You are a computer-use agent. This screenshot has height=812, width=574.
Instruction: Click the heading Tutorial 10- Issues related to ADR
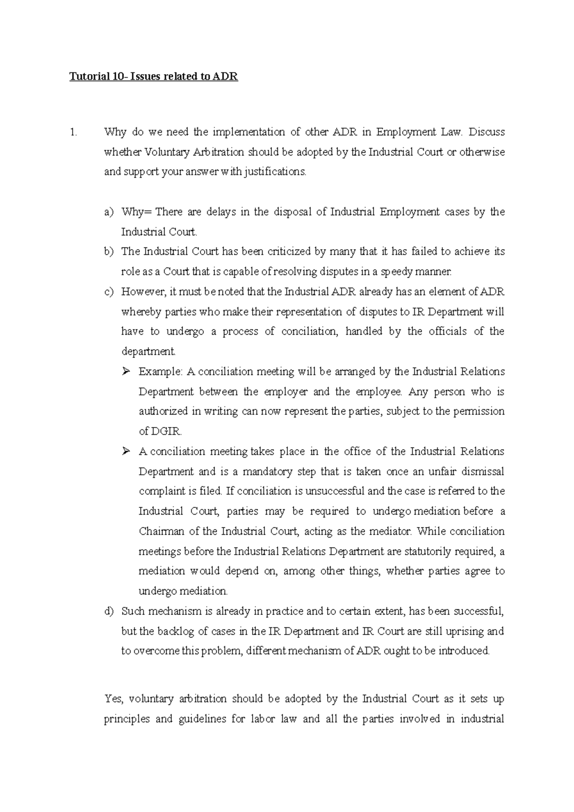coord(154,77)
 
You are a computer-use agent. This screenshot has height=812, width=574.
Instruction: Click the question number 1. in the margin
coord(73,132)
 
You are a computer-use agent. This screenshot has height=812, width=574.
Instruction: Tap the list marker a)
coord(109,212)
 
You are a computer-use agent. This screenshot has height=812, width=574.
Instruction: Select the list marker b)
coord(109,252)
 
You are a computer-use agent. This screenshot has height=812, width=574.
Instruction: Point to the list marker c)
coord(109,292)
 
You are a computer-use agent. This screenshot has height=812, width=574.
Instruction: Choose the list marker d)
coord(109,612)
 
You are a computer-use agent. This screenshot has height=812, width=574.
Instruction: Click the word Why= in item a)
coord(136,212)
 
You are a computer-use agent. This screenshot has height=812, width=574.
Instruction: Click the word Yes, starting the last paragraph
coord(114,699)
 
